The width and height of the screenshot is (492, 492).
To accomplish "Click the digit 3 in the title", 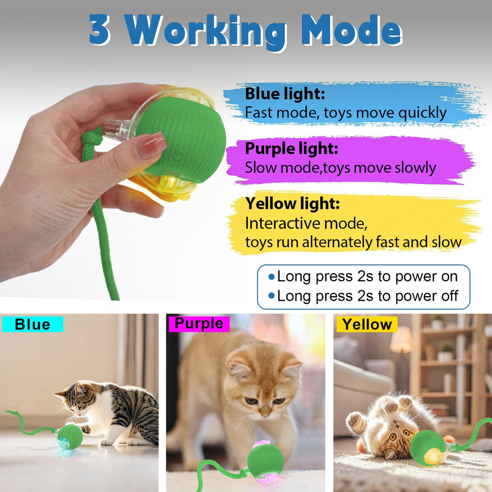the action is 100,30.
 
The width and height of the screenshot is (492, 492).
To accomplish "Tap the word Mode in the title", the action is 351,30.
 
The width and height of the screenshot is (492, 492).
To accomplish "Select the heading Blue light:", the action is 285,93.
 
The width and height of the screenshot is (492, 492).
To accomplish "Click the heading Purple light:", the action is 291,149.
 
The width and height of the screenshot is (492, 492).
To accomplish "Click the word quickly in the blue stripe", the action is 422,113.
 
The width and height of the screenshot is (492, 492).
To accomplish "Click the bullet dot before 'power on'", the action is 272,277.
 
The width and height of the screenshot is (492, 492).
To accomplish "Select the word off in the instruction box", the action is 450,296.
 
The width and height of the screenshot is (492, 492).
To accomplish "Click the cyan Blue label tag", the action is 32,324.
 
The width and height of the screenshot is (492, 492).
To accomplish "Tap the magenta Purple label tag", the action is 199,324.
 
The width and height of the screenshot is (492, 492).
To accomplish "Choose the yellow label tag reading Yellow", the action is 367,324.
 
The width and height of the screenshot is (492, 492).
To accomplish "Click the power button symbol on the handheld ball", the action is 178,155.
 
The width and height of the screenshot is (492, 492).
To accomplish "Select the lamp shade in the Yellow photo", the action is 401,340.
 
